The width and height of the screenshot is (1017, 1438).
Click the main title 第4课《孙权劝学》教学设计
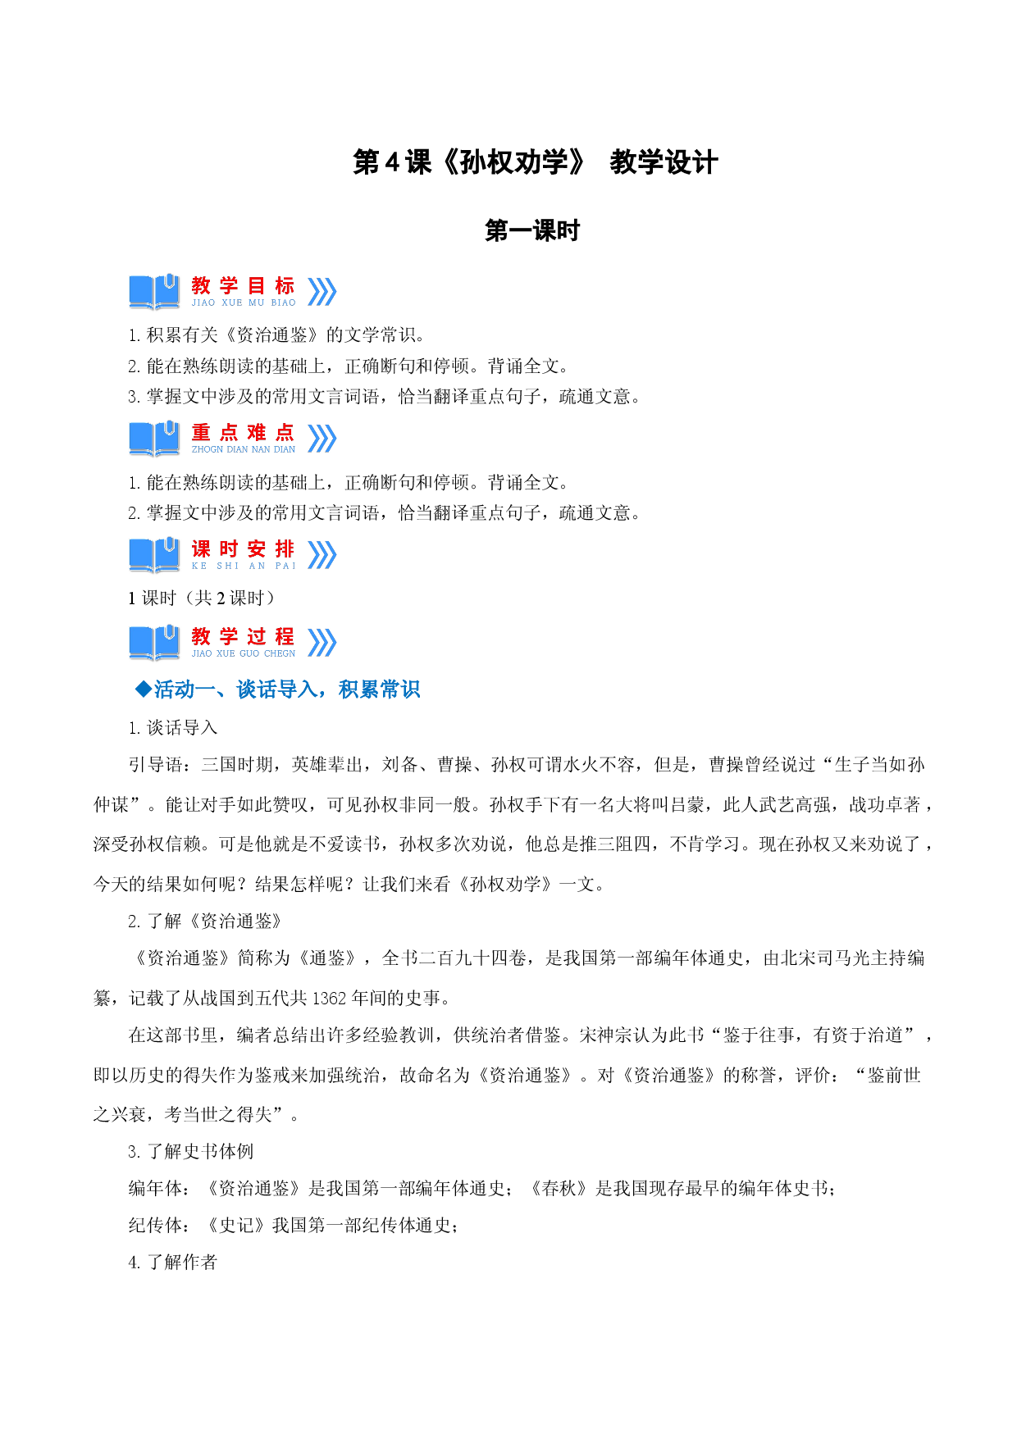(x=535, y=162)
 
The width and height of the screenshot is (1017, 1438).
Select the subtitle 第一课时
(x=532, y=231)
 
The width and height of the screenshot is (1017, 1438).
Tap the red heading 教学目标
(x=243, y=285)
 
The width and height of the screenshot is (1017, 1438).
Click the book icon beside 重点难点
(x=154, y=439)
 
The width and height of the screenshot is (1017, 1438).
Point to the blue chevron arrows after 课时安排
(x=322, y=555)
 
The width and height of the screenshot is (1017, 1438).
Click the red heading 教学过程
(x=243, y=636)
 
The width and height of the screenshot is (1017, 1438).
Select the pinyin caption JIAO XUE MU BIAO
(x=244, y=303)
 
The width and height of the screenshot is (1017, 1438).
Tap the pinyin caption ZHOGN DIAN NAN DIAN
(x=244, y=449)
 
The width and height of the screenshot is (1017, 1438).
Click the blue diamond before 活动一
(x=144, y=689)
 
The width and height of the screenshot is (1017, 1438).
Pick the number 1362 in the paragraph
(x=330, y=999)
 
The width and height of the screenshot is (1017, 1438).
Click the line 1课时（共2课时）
(x=202, y=598)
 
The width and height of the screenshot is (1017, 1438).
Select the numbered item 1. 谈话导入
(x=173, y=728)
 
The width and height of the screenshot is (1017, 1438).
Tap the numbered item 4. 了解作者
(x=173, y=1263)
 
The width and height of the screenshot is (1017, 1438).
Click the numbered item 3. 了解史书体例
(x=191, y=1152)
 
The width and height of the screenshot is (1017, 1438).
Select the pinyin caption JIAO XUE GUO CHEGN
(x=244, y=653)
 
